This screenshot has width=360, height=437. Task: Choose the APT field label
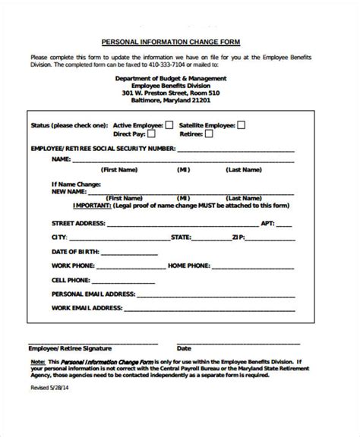pos(267,224)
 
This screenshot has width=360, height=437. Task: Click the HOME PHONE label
pos(189,266)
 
